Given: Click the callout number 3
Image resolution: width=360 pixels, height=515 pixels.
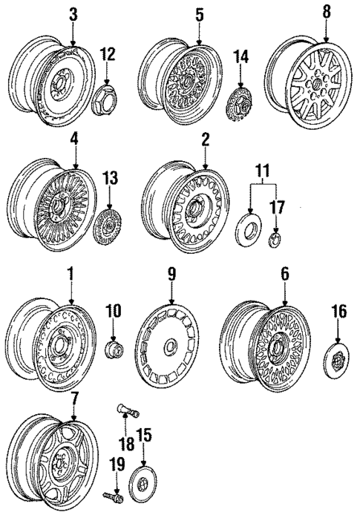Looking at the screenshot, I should (72, 13).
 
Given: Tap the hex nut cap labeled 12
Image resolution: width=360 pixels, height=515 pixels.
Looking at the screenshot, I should (108, 99).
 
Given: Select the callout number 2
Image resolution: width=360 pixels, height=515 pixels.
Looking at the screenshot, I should (205, 139).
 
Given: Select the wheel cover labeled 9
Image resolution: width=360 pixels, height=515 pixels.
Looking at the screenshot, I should (170, 349).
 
